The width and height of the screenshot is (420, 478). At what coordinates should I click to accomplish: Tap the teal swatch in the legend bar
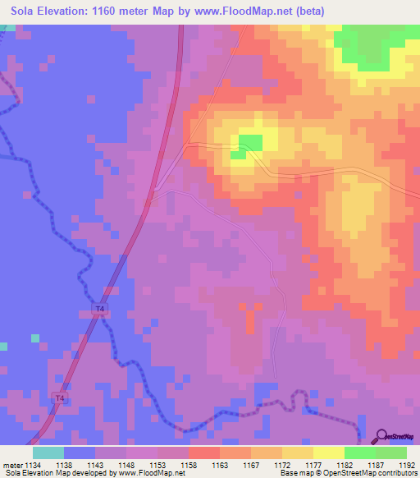point(48,453)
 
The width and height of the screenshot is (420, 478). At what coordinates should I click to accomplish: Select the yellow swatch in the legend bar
point(328,453)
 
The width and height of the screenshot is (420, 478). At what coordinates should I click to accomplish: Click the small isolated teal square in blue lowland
point(34,338)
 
